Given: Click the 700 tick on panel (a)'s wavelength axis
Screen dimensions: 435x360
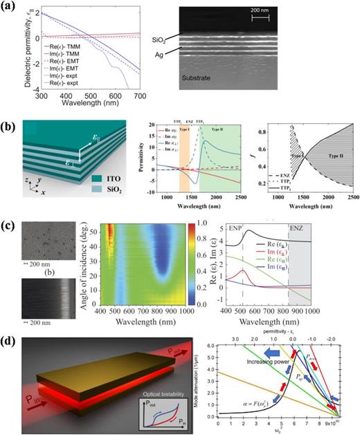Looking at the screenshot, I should [x=160, y=104].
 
